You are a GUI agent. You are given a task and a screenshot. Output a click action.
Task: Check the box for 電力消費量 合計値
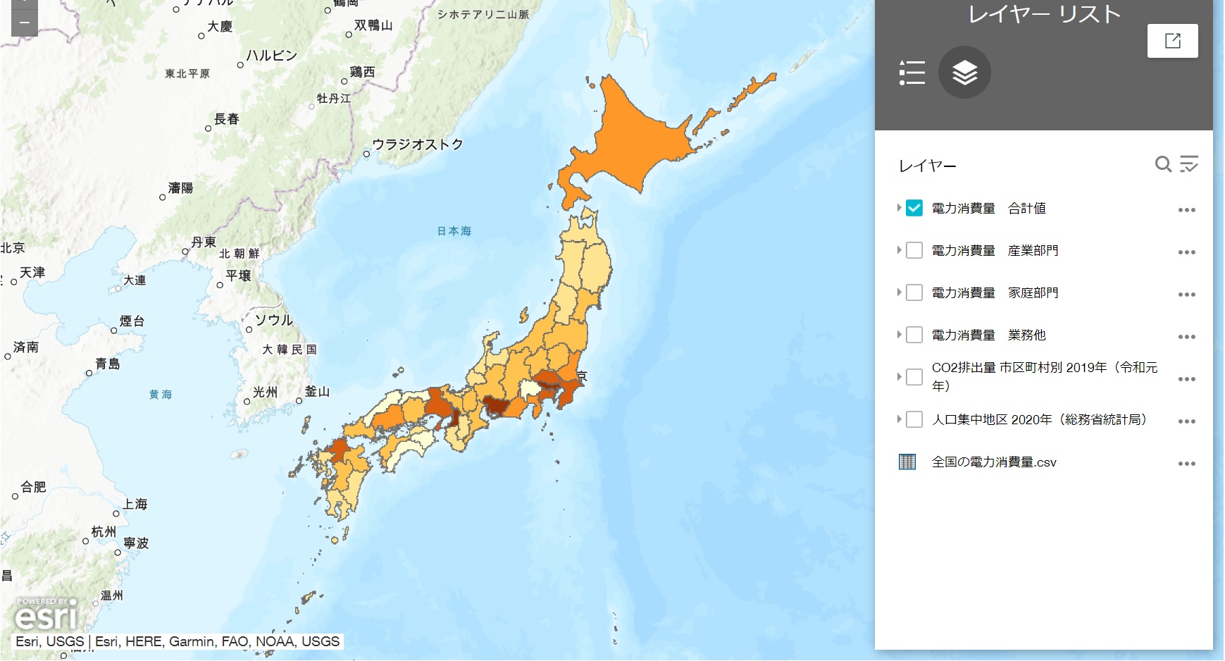914,208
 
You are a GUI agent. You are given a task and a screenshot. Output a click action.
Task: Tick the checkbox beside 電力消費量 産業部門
914,250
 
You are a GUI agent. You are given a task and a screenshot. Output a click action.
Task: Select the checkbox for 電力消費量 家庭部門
914,292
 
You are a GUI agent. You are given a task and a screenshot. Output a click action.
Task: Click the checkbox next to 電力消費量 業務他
914,335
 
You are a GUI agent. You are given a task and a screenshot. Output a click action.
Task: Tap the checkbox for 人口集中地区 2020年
914,419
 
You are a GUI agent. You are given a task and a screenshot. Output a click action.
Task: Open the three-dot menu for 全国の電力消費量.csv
1186,463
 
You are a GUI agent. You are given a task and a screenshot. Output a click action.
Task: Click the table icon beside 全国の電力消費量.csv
907,462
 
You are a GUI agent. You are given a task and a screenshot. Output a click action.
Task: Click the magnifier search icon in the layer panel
1163,164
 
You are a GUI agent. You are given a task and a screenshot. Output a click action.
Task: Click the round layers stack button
964,72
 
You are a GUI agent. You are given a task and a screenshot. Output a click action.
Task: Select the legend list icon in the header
912,73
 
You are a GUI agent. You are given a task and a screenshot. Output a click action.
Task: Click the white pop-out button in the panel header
1172,41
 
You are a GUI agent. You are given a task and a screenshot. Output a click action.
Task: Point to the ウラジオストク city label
417,144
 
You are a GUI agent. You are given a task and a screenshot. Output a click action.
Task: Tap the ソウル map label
273,320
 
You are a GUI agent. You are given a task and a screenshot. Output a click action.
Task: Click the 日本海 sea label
454,231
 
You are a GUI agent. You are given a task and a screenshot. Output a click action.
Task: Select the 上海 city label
135,504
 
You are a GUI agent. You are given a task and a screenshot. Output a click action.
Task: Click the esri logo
46,616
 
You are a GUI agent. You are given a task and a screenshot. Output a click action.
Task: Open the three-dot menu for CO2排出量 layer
1186,378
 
